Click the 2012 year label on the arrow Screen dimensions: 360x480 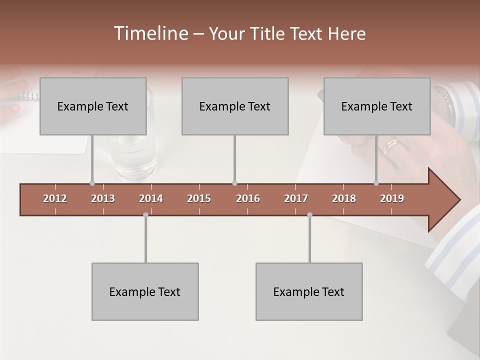coord(55,198)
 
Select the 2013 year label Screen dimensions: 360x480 coord(103,198)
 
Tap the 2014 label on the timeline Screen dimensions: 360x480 coord(151,198)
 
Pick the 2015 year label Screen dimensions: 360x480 coord(199,198)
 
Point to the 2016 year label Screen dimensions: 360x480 coord(248,198)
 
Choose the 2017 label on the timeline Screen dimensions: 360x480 coord(296,198)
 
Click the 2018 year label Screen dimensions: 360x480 coord(344,198)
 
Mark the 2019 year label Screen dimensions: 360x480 coord(392,198)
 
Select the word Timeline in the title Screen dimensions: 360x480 coord(150,33)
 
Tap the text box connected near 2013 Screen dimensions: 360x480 coord(93,106)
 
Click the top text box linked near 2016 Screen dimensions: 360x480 coord(235,106)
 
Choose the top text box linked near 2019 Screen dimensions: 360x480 coord(377,106)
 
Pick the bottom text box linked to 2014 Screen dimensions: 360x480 coord(145,291)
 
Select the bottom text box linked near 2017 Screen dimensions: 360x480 coord(309,291)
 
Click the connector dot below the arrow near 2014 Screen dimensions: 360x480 coord(145,215)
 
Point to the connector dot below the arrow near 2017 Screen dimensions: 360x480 coord(309,215)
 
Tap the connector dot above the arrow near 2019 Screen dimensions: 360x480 coord(376,183)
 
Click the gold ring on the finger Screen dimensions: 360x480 coord(390,145)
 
